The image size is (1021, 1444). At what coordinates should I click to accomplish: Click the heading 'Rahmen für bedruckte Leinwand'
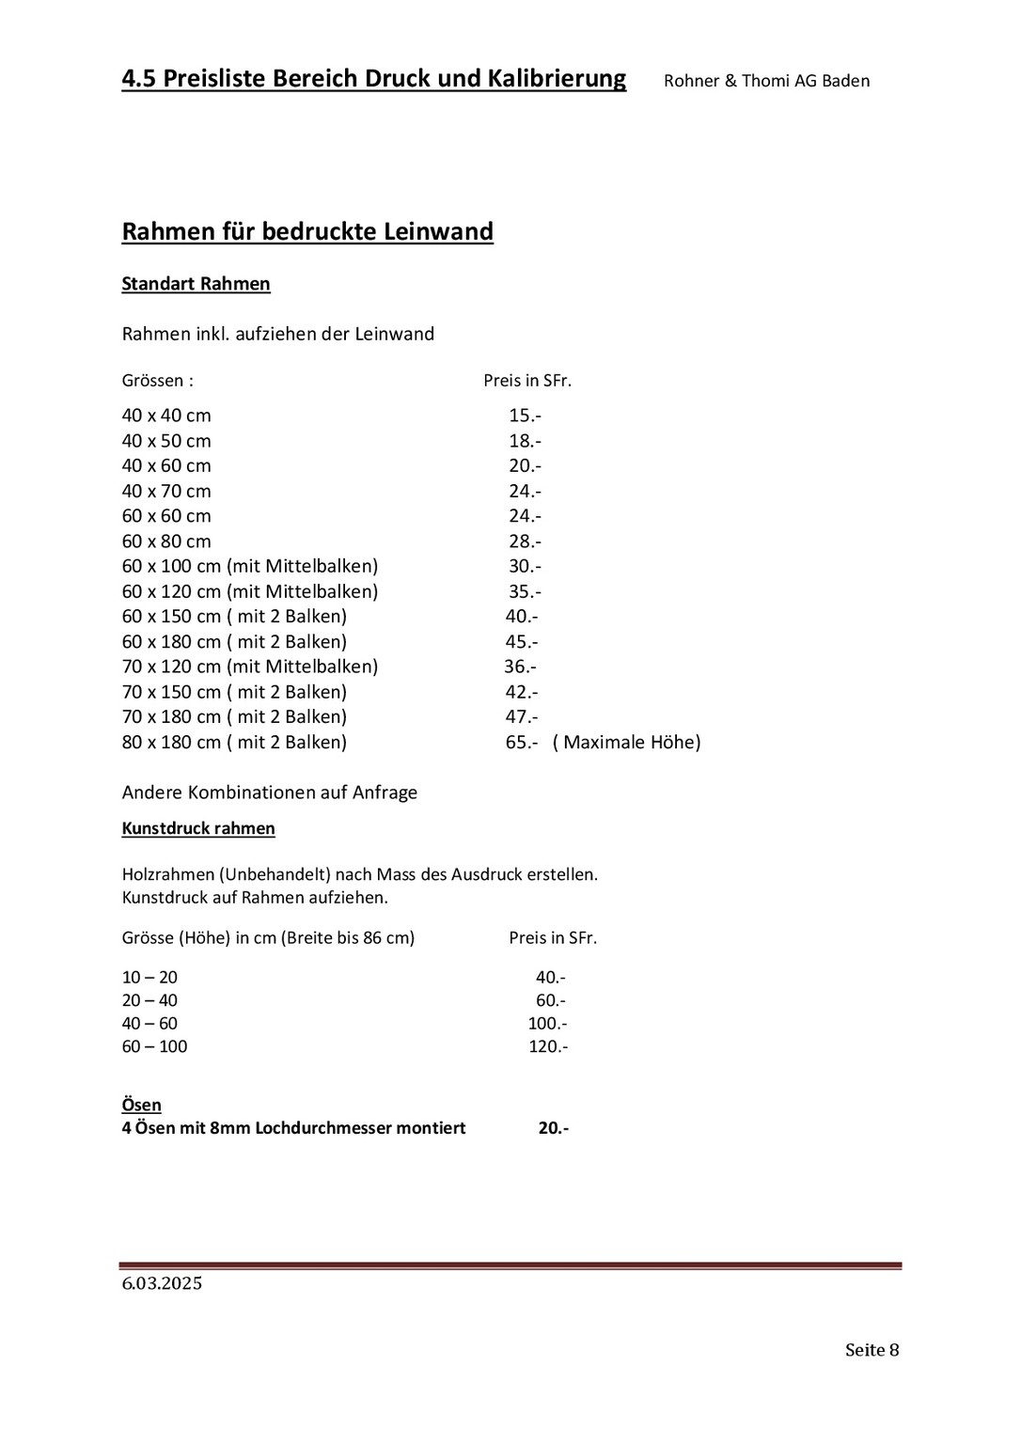point(307,232)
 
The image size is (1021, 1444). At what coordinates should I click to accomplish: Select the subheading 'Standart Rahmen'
point(196,284)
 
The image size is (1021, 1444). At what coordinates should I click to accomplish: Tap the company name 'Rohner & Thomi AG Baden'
point(766,81)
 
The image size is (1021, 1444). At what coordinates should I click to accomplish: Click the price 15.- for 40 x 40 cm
point(525,416)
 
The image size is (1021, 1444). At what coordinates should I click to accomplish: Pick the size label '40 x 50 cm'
point(166,441)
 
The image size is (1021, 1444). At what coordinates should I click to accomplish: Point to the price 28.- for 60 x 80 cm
point(525,541)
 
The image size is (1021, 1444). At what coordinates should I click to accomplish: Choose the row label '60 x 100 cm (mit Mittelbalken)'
point(250,566)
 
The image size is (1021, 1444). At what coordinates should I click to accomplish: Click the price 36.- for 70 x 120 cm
point(520,667)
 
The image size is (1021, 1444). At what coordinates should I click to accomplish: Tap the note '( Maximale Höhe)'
point(626,742)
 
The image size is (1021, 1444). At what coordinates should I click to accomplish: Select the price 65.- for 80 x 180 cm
point(521,742)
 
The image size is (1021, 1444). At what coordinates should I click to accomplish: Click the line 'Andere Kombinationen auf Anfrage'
point(270,793)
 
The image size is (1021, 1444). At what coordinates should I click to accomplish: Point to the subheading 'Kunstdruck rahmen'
point(198,828)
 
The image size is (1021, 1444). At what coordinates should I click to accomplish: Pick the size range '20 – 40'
point(149,1000)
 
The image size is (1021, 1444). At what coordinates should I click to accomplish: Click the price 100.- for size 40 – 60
point(547,1023)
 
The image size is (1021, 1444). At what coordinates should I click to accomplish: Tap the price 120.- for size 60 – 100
point(548,1046)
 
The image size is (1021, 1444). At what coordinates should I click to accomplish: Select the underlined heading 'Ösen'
point(141,1105)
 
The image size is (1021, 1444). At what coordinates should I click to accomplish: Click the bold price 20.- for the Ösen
point(553,1128)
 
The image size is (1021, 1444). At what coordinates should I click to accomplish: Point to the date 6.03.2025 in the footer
point(162,1284)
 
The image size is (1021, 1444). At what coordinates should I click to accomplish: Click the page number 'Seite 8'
point(872,1350)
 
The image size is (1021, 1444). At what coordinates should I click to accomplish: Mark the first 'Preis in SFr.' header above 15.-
point(527,381)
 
